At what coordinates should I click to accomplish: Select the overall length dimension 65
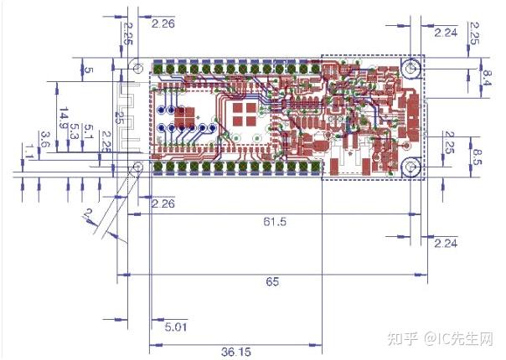(x=272, y=282)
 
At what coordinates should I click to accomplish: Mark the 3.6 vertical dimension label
(x=45, y=139)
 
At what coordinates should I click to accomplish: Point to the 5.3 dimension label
(x=75, y=131)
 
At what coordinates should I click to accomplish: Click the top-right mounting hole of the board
(x=411, y=67)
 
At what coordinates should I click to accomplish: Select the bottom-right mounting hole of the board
(x=411, y=167)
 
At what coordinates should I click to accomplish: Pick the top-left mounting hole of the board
(x=135, y=65)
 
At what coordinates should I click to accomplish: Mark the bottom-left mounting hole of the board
(x=135, y=168)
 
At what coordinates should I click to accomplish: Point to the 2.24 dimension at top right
(x=446, y=33)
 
